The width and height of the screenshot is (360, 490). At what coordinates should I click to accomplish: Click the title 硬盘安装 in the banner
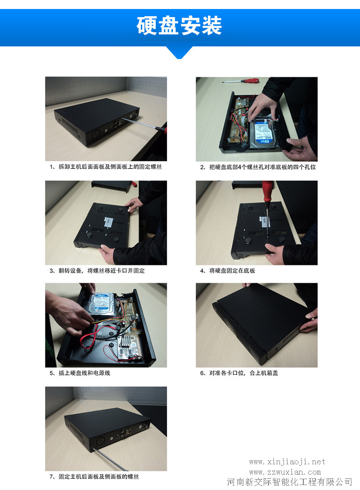point(179,25)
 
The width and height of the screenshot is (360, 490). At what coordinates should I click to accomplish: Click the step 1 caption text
point(106,167)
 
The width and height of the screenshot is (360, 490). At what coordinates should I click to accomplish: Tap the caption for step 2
point(258,167)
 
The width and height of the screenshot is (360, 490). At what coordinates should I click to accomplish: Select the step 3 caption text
point(97,271)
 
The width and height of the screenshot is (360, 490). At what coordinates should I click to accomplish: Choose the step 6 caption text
point(239,373)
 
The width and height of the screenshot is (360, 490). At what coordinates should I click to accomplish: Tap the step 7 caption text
point(94,476)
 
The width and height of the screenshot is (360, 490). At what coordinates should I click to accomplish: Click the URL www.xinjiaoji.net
point(287,462)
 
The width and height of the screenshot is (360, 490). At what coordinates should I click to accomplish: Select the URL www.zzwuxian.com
point(285,472)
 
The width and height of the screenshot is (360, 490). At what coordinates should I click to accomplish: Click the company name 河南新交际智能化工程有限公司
point(289,482)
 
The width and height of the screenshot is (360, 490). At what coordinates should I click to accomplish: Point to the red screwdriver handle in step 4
point(268,191)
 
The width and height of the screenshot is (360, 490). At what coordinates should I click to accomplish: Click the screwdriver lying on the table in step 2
point(241,81)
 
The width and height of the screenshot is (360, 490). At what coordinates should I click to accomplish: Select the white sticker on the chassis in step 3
point(108,222)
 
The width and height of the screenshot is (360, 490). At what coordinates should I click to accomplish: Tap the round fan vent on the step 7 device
point(100,441)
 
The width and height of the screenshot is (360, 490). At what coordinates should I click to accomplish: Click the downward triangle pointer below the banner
point(179,52)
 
